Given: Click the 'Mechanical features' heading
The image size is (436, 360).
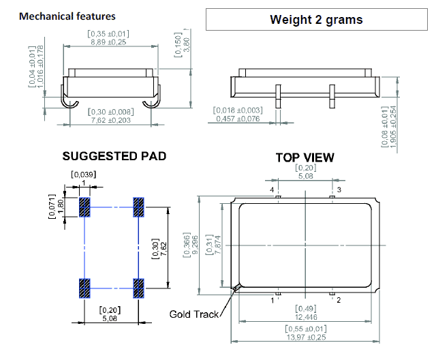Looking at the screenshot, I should pyautogui.click(x=67, y=16).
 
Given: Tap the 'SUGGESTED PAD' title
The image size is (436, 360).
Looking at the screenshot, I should pyautogui.click(x=114, y=156).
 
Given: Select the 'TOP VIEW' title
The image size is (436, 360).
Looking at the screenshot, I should pyautogui.click(x=305, y=157).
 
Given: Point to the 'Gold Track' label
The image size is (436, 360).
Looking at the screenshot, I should pyautogui.click(x=194, y=314).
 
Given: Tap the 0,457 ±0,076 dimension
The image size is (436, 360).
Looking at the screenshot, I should pyautogui.click(x=238, y=119).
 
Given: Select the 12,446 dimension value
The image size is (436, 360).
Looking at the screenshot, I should pyautogui.click(x=305, y=317).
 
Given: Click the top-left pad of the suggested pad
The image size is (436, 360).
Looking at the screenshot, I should pyautogui.click(x=85, y=207).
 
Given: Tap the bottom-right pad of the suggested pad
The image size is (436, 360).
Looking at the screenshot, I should pyautogui.click(x=138, y=288).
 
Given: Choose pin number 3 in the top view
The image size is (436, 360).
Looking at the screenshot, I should pyautogui.click(x=339, y=189).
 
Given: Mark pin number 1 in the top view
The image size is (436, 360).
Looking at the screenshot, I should pyautogui.click(x=273, y=299).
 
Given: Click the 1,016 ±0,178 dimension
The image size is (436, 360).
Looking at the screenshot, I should pyautogui.click(x=41, y=66).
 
